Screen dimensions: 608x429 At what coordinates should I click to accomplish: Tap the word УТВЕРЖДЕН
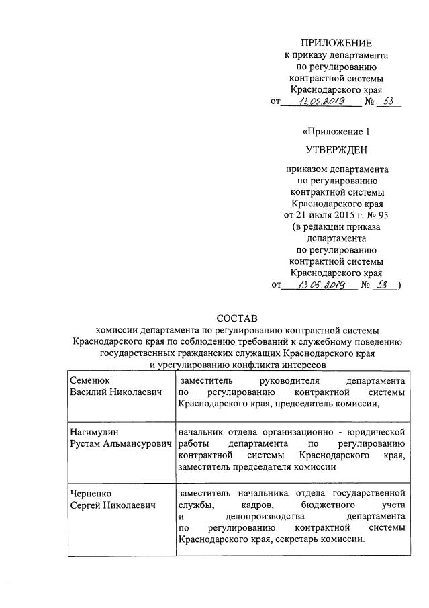pyautogui.click(x=336, y=149)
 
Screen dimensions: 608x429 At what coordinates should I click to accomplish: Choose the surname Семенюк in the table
pyautogui.click(x=91, y=380)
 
